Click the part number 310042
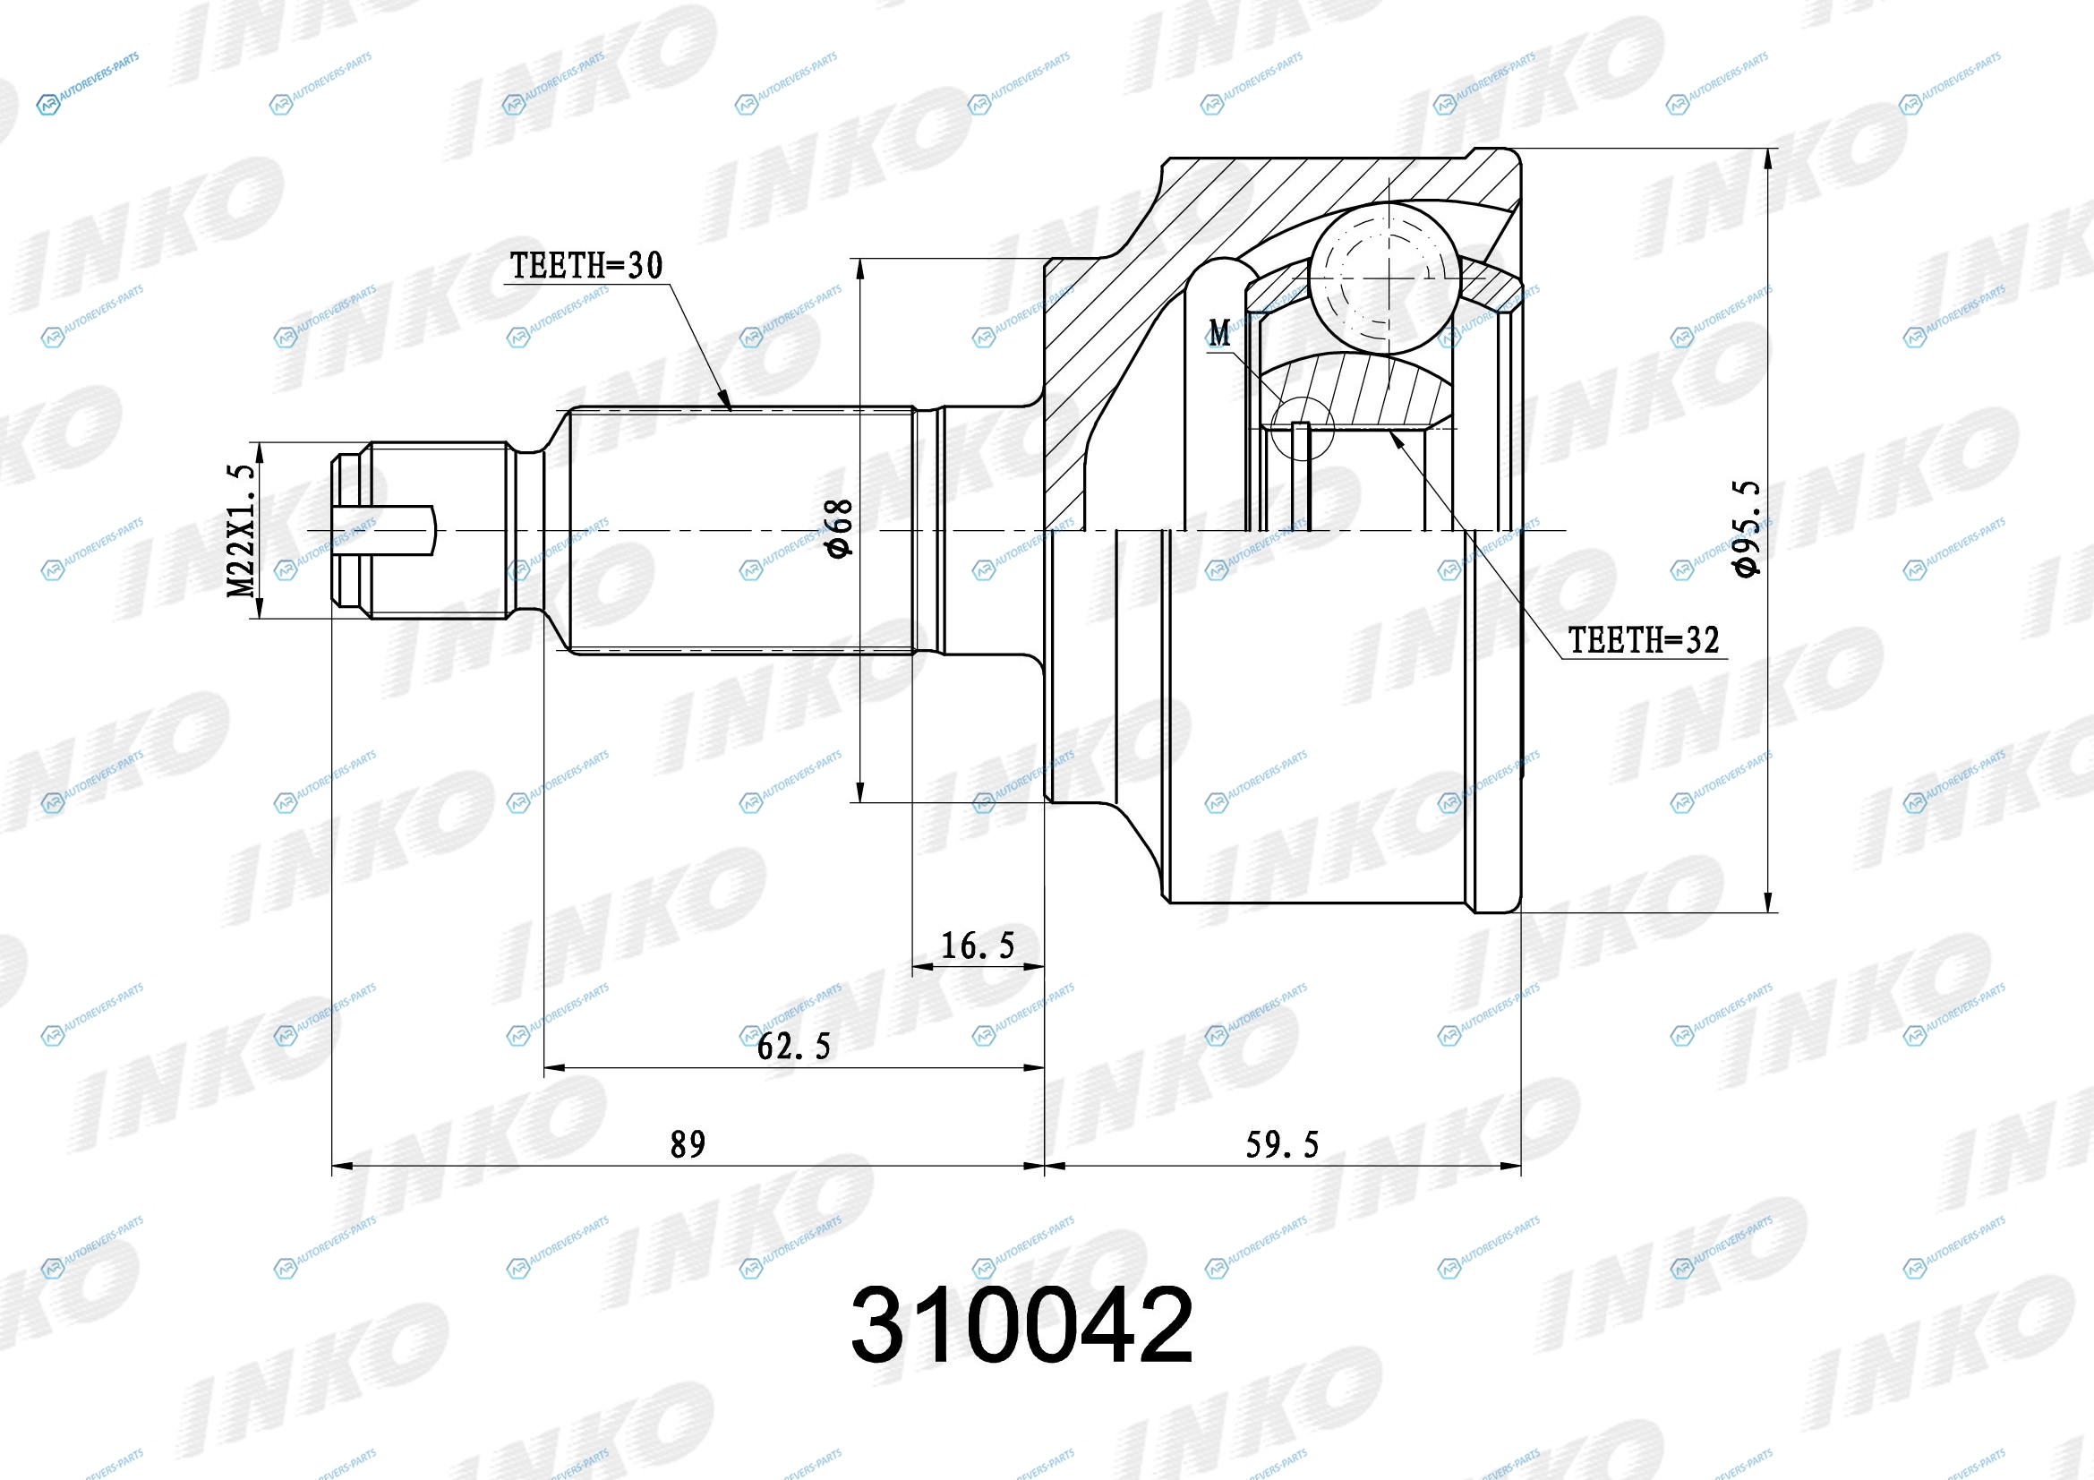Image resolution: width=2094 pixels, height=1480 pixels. point(1021,1325)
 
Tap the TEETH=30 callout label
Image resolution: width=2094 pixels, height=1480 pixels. point(585,265)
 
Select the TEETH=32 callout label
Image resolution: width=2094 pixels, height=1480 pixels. point(1644,640)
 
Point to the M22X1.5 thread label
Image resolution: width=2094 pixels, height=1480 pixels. point(241,531)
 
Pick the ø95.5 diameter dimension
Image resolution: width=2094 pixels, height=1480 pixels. point(1746,529)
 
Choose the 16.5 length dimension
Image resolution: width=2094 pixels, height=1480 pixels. point(977,945)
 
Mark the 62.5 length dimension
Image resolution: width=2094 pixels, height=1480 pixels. point(793,1046)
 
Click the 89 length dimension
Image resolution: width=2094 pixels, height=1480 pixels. point(688,1143)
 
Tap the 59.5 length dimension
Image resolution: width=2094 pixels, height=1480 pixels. point(1282,1144)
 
